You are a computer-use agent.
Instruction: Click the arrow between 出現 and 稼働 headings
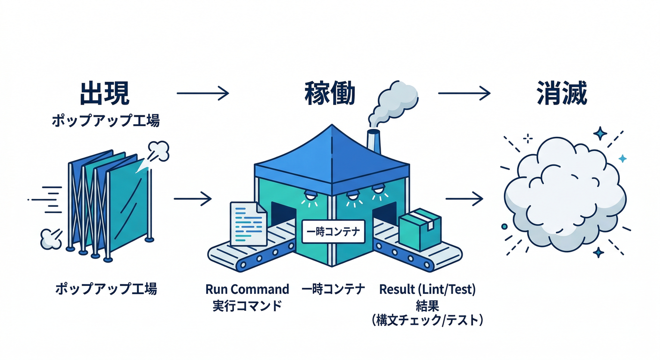203,93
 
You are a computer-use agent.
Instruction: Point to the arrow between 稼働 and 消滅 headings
464,93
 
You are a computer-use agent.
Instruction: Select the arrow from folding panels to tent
193,199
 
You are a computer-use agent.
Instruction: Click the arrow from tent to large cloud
464,199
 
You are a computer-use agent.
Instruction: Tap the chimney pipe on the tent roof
374,140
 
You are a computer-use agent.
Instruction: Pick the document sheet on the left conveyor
248,224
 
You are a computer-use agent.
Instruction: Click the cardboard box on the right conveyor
420,229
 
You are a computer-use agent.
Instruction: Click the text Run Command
247,289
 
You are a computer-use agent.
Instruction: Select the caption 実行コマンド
247,306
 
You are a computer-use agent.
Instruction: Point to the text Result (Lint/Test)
427,289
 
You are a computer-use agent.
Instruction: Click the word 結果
427,306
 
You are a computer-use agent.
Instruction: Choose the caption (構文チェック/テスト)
427,321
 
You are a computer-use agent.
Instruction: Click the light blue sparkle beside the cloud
622,159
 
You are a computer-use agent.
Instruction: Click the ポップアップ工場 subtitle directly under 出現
105,121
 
